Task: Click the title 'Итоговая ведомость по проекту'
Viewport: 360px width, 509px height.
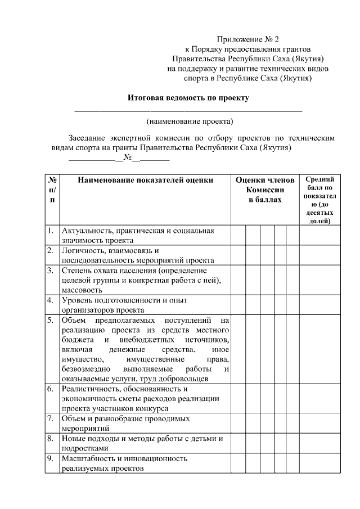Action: click(x=188, y=97)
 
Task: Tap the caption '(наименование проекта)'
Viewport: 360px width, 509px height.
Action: click(x=190, y=121)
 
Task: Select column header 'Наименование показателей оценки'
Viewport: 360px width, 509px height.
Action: click(x=146, y=181)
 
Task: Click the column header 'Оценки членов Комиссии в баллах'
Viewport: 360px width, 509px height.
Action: click(x=264, y=190)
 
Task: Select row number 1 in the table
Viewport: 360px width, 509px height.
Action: click(x=51, y=231)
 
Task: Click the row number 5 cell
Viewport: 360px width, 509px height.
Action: click(x=51, y=321)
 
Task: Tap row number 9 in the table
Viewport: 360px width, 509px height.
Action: click(x=51, y=459)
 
